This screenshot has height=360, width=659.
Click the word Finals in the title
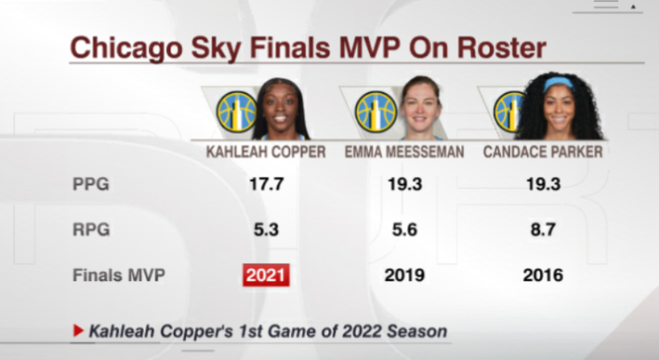(289, 48)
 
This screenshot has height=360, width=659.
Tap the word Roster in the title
(502, 48)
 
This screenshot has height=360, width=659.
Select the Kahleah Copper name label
(265, 152)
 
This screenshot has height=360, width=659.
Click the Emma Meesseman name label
(404, 152)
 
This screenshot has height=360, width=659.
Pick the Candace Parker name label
(543, 152)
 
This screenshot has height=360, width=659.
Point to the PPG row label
(90, 184)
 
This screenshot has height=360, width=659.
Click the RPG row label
(91, 230)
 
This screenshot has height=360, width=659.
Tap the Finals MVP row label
(119, 275)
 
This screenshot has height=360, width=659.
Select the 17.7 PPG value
(266, 184)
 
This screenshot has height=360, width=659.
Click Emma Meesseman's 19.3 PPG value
(404, 184)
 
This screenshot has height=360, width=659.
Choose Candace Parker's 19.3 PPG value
(544, 184)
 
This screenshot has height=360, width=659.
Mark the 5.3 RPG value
(266, 230)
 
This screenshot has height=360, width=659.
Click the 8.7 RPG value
(544, 230)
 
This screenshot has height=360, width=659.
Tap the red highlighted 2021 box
(266, 275)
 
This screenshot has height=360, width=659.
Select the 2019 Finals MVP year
(404, 275)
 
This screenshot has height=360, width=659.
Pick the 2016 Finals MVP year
(543, 275)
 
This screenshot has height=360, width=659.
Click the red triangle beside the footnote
(78, 331)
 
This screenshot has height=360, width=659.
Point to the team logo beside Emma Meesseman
(376, 112)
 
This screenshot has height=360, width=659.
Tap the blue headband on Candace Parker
(559, 83)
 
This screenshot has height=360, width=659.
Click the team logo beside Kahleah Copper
(237, 112)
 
